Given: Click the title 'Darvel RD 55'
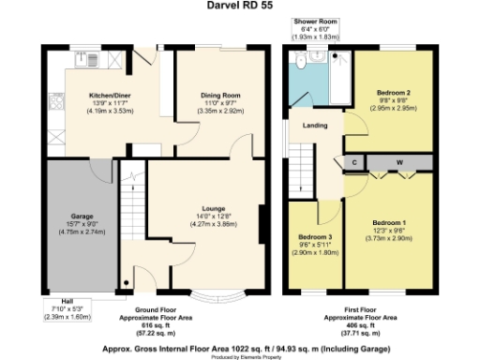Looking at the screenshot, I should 240,6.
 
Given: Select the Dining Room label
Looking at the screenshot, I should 220,96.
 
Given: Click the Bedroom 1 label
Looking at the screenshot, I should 386,222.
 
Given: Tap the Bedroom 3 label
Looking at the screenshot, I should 313,236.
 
